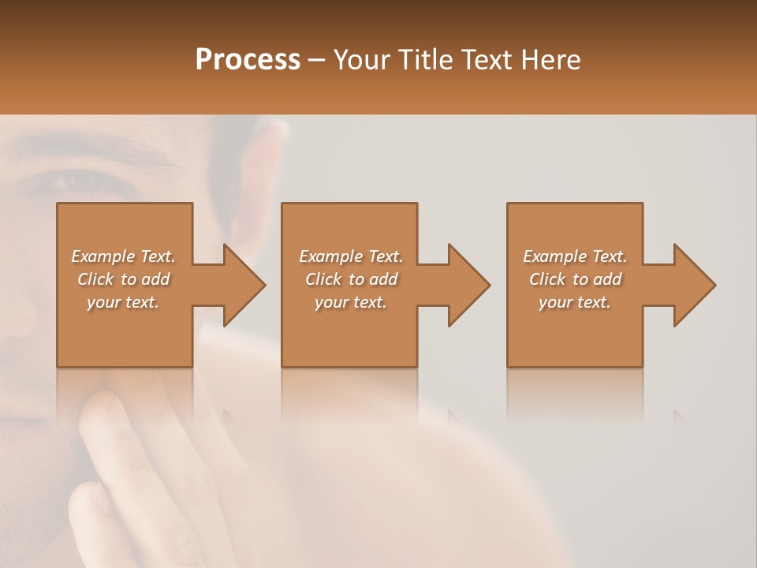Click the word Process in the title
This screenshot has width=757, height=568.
(x=248, y=60)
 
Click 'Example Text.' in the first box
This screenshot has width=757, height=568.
(x=123, y=256)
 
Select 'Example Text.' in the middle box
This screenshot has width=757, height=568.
(x=351, y=256)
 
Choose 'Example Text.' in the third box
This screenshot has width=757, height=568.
(x=575, y=256)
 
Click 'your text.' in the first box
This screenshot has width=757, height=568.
(x=123, y=302)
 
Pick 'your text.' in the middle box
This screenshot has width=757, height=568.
(x=351, y=302)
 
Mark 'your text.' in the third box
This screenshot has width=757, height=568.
(x=575, y=302)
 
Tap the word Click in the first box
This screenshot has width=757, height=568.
(x=95, y=279)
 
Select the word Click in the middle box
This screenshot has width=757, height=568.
(x=323, y=279)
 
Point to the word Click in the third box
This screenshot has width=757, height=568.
(x=547, y=279)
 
